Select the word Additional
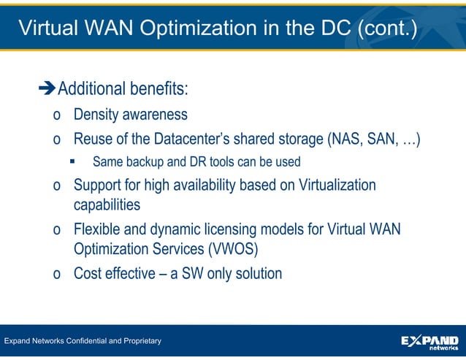pos(91,90)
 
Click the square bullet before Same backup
pos(72,161)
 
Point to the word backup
pos(143,161)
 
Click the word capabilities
pos(107,205)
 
